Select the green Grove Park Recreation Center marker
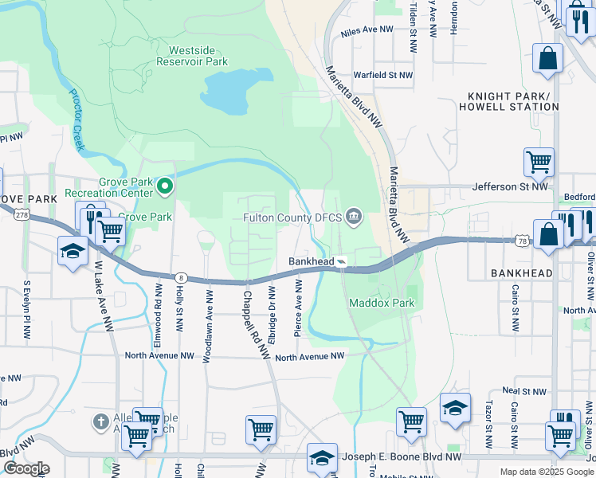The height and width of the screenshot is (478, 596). click(x=165, y=186)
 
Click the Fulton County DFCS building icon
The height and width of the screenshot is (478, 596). click(x=354, y=217)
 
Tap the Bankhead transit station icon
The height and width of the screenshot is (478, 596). click(x=341, y=261)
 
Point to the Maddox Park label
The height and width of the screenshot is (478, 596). click(x=382, y=304)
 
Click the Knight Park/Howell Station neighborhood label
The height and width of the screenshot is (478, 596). click(x=508, y=101)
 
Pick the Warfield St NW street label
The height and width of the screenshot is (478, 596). click(x=383, y=76)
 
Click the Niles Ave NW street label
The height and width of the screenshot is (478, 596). click(x=367, y=31)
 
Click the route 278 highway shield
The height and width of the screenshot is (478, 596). click(x=22, y=214)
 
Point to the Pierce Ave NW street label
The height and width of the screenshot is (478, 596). click(x=299, y=307)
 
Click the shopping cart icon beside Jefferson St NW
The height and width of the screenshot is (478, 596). click(x=539, y=163)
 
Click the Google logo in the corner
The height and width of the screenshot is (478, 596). click(x=25, y=468)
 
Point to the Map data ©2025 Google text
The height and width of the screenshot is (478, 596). click(x=546, y=472)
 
